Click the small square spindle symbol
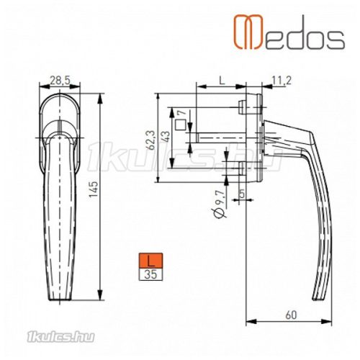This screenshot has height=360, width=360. [180, 124]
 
